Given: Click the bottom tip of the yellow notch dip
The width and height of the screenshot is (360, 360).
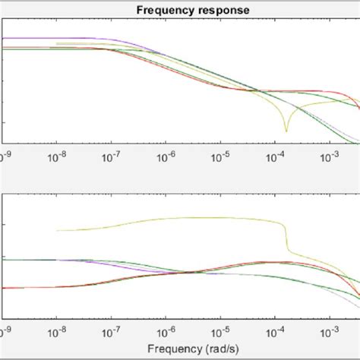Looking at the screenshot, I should tap(286, 131).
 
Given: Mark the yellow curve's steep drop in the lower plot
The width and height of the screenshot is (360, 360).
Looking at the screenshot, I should tap(287, 239).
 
